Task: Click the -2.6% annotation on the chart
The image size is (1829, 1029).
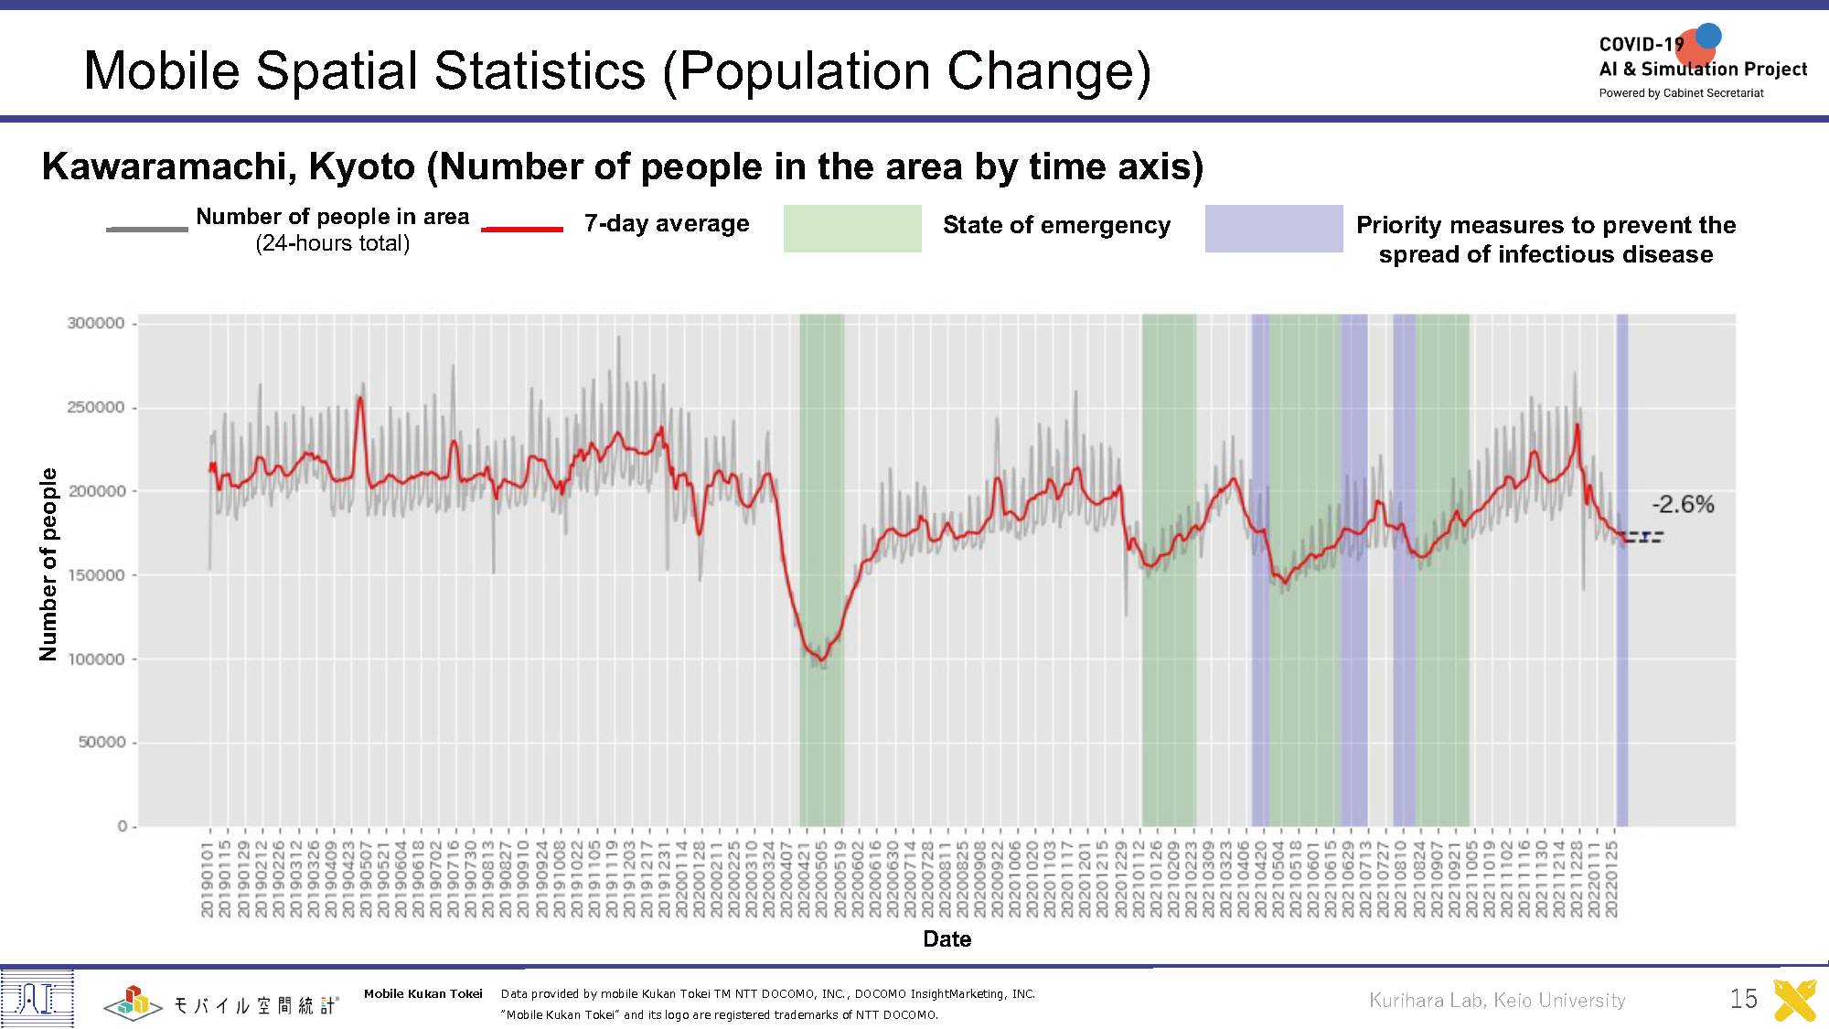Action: coord(1682,505)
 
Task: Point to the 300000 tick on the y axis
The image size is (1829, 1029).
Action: coord(96,323)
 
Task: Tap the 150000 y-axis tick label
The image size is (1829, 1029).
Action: coord(96,575)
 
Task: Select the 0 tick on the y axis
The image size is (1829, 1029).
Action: coord(123,826)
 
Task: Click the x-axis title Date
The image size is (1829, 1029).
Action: coord(947,939)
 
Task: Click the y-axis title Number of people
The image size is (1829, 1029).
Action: coord(48,564)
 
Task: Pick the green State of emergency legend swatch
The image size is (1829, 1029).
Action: coord(852,229)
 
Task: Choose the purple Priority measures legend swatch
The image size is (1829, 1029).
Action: coord(1273,229)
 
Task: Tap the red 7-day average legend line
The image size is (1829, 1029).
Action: coord(522,229)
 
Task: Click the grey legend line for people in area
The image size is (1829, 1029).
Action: coord(147,229)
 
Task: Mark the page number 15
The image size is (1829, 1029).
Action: coord(1743,999)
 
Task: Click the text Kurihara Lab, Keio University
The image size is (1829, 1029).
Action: coord(1497,1001)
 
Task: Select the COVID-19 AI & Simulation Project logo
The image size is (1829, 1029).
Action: coord(1702,64)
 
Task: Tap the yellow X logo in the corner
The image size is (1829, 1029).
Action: coord(1795,1001)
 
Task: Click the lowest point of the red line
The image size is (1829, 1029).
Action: coord(822,660)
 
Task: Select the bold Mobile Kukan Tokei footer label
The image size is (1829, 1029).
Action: coord(422,994)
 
